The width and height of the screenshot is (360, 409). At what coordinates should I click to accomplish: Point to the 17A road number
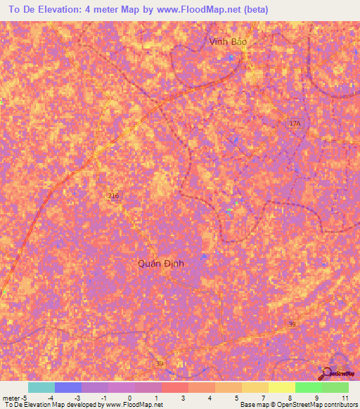(x=295, y=124)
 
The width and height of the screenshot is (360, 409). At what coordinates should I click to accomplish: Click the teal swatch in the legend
(x=41, y=387)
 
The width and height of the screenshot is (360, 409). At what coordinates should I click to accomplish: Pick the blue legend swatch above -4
(x=67, y=387)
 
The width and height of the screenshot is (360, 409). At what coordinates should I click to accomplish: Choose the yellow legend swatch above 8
(x=281, y=387)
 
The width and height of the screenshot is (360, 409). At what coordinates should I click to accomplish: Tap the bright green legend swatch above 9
(x=308, y=387)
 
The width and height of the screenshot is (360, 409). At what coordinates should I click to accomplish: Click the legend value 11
(x=344, y=398)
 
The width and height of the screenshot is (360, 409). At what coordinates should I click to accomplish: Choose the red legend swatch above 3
(x=174, y=387)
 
